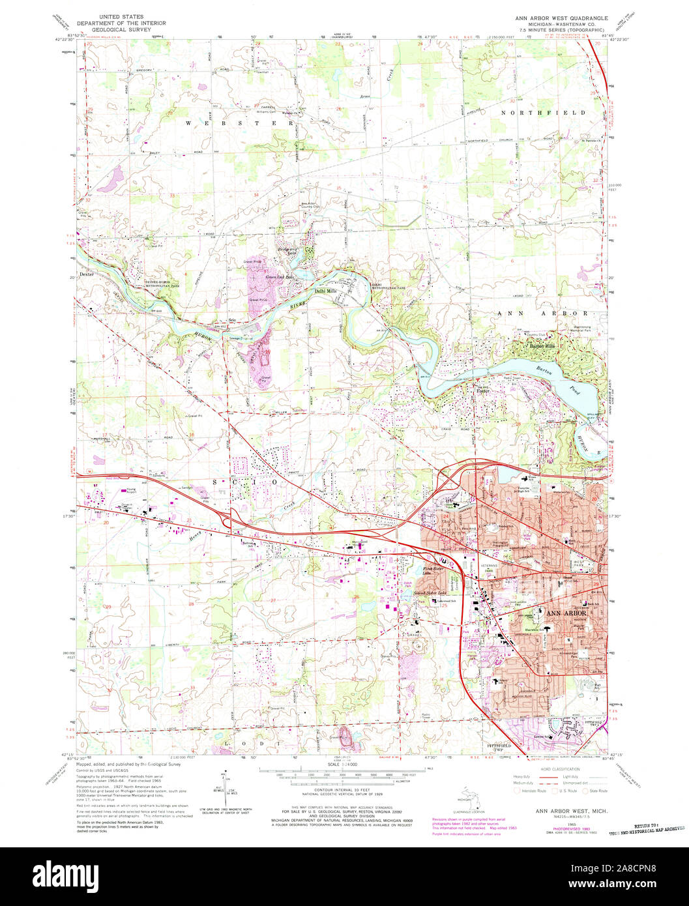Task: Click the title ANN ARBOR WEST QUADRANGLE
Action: pos(562,18)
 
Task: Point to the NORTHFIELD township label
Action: pos(542,113)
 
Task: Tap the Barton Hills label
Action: pos(542,345)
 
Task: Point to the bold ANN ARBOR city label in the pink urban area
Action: pos(566,613)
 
